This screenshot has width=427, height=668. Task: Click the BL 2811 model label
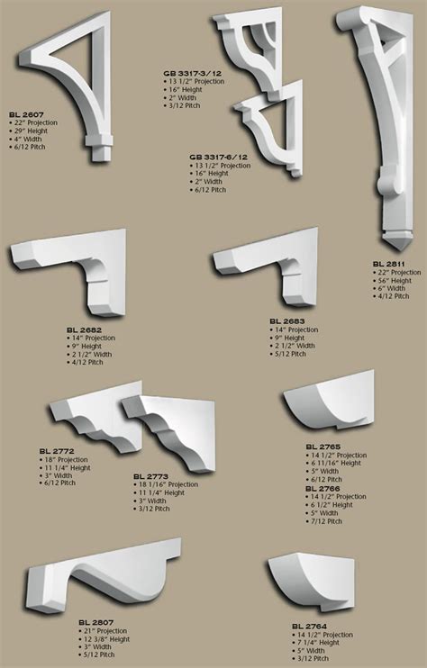coord(390,264)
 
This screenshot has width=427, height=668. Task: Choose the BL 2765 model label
coord(323,447)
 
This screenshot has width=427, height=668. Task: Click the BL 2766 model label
coord(323,488)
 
